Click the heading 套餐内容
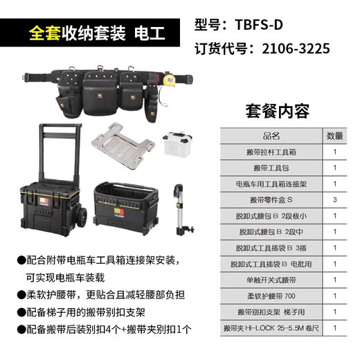coord(278,111)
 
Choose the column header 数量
coord(334,136)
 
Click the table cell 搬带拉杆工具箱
coord(272,152)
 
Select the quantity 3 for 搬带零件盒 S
coord(334,200)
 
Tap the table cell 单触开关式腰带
coord(272,280)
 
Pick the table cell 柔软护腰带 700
coord(272,296)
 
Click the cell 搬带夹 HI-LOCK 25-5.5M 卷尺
coord(272,327)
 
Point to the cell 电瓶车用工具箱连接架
coord(272,184)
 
